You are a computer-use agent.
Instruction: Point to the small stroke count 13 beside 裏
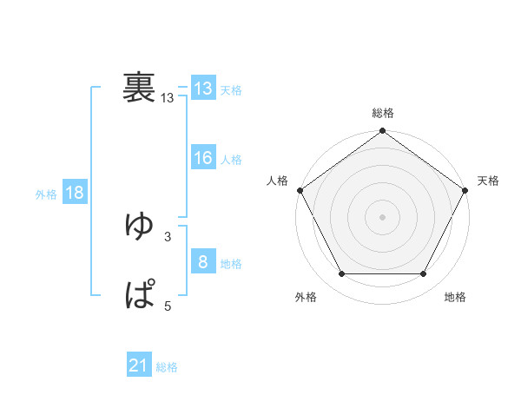coord(168,99)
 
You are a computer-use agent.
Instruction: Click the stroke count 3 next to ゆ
coord(168,236)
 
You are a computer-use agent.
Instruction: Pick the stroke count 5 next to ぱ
coord(168,306)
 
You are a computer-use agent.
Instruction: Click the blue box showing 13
coord(203,89)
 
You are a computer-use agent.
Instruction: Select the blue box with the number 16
coord(203,158)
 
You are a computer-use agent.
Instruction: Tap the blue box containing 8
coord(203,262)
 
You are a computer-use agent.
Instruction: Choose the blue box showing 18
coord(75,194)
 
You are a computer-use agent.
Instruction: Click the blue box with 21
coord(139,366)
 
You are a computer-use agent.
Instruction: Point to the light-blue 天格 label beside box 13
coord(231,89)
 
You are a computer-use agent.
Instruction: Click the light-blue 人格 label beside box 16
coord(231,159)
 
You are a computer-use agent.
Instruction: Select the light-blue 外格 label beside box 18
coord(46,194)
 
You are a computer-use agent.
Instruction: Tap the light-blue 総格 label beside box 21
coord(167,367)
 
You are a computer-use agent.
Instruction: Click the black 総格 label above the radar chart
coord(383,113)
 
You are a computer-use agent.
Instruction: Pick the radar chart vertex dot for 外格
coord(341,274)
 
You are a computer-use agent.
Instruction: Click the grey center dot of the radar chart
coord(383,216)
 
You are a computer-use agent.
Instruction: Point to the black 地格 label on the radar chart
coord(455,297)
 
